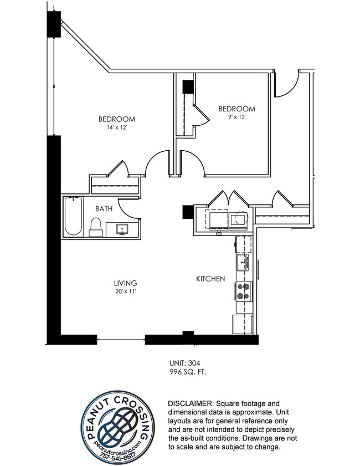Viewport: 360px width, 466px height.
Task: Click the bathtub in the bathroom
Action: click(73, 216)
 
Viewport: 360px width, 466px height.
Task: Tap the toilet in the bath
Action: click(96, 227)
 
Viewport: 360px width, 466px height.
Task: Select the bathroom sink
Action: click(122, 229)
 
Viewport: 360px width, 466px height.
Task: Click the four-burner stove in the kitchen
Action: click(243, 291)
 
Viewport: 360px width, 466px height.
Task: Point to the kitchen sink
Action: click(243, 263)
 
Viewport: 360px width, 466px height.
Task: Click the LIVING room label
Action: click(125, 283)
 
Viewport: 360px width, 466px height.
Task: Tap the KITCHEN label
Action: click(210, 279)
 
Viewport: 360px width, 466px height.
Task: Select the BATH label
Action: click(104, 209)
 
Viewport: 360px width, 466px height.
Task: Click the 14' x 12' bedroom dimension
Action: click(117, 127)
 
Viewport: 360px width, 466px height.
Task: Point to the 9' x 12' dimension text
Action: click(236, 117)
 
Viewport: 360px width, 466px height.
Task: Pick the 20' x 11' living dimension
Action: click(125, 291)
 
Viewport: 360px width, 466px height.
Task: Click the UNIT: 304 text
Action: click(185, 363)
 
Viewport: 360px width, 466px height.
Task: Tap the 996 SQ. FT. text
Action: click(187, 372)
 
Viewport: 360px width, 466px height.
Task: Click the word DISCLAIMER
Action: click(191, 403)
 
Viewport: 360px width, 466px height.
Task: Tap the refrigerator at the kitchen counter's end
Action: click(242, 324)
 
